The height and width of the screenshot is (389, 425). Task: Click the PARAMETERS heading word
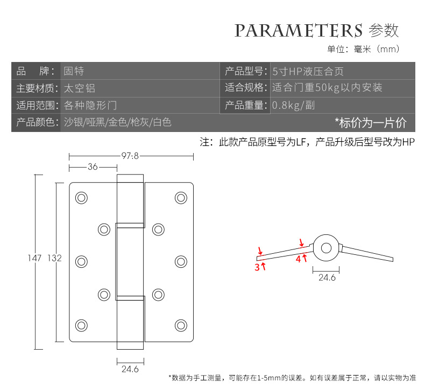(298, 30)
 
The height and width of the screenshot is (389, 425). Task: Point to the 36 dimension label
(93, 167)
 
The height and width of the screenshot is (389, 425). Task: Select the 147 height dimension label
(34, 258)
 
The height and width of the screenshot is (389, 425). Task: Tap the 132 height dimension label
(54, 258)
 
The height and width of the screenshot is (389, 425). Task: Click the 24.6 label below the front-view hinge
(130, 370)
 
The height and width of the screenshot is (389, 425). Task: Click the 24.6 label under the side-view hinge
(327, 278)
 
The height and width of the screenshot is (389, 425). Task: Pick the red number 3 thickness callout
(257, 267)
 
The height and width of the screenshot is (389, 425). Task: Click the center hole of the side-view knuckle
(325, 248)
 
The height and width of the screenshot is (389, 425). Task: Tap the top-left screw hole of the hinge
(81, 198)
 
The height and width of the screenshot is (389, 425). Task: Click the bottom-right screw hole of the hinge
(180, 325)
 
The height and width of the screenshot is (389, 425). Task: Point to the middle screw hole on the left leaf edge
(81, 262)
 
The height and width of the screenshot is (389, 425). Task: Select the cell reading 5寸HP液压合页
(308, 71)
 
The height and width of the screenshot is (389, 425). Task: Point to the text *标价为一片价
(371, 122)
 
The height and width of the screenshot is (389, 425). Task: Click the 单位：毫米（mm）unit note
(364, 50)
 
